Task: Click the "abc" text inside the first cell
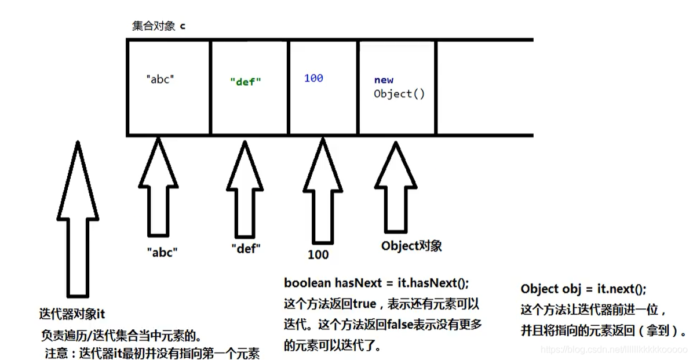(x=160, y=79)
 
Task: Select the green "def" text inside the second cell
(x=246, y=81)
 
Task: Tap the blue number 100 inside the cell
(x=313, y=78)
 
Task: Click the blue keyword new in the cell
(x=384, y=80)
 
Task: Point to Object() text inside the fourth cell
(x=399, y=94)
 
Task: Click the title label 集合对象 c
(x=159, y=26)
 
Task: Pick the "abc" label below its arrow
(x=162, y=252)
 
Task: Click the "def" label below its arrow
(x=246, y=249)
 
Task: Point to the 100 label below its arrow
(x=318, y=254)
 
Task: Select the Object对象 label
(x=411, y=246)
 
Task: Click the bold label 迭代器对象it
(x=72, y=314)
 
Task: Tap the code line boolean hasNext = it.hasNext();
(x=376, y=283)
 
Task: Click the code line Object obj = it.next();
(x=583, y=289)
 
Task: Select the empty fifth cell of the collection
(x=484, y=87)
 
